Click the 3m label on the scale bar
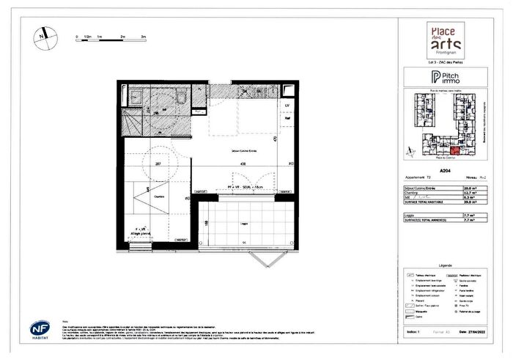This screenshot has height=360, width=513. pyautogui.click(x=144, y=35)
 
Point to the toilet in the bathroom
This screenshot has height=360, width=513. pyautogui.click(x=180, y=97)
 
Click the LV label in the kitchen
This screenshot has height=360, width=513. pyautogui.click(x=287, y=106)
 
